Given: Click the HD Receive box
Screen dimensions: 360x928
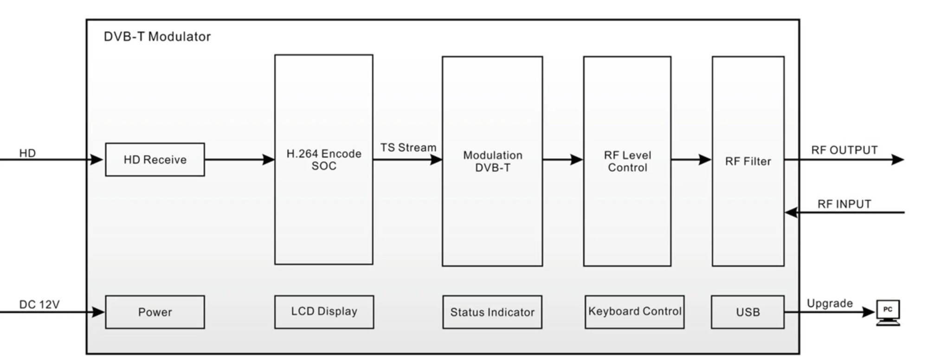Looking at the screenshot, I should [x=155, y=160].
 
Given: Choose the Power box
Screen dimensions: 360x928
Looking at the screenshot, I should [x=155, y=312].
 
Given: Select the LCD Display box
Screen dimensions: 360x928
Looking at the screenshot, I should [x=324, y=312].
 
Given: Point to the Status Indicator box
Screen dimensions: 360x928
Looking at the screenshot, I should [x=492, y=312].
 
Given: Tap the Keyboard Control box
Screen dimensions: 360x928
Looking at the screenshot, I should [x=634, y=312].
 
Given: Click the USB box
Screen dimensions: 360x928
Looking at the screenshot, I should [x=748, y=312].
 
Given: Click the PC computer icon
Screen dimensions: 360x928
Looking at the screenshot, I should [x=888, y=312].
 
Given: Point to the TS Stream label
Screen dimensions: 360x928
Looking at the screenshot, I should [x=408, y=148].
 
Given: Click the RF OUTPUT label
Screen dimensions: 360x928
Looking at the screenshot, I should [x=844, y=150].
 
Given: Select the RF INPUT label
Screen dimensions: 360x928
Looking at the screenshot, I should [x=844, y=204].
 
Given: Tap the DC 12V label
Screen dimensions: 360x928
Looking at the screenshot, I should [x=39, y=304].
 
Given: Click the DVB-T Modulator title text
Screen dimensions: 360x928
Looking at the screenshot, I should [x=157, y=37].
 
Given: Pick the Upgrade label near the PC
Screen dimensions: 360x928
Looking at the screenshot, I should [x=830, y=303].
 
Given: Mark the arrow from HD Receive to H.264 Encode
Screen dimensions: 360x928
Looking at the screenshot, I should [x=239, y=160].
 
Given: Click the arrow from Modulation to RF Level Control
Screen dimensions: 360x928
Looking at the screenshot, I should [x=562, y=160].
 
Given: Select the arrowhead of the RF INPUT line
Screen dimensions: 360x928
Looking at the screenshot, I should [x=791, y=212].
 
